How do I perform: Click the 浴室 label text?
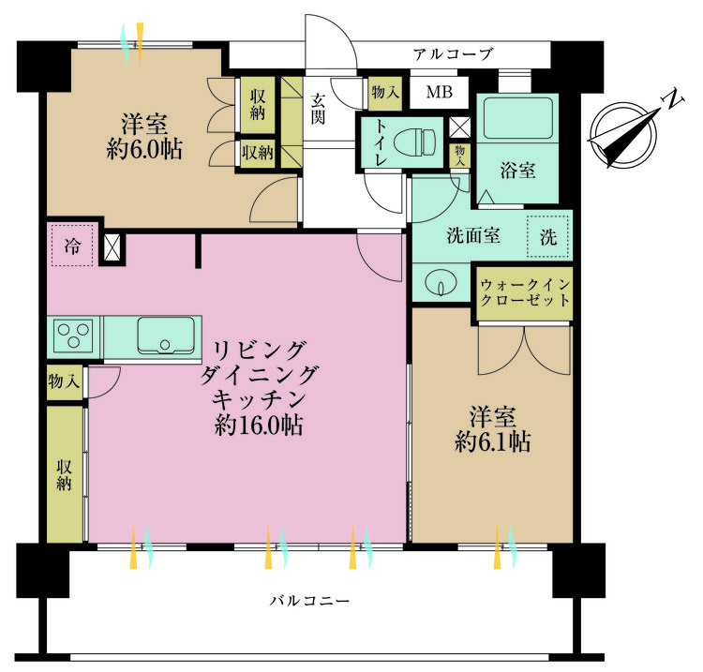click(517, 171)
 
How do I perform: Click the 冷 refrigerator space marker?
click(72, 246)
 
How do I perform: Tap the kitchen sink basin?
click(166, 336)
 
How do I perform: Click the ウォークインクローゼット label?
click(524, 292)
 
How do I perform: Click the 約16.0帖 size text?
click(257, 425)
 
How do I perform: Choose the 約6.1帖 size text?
click(492, 442)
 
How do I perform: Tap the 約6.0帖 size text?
click(143, 149)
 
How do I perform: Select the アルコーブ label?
click(453, 54)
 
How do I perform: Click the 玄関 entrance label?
click(320, 110)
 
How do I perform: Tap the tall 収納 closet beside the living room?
click(65, 474)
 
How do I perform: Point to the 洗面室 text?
click(473, 236)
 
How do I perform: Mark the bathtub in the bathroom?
click(519, 121)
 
